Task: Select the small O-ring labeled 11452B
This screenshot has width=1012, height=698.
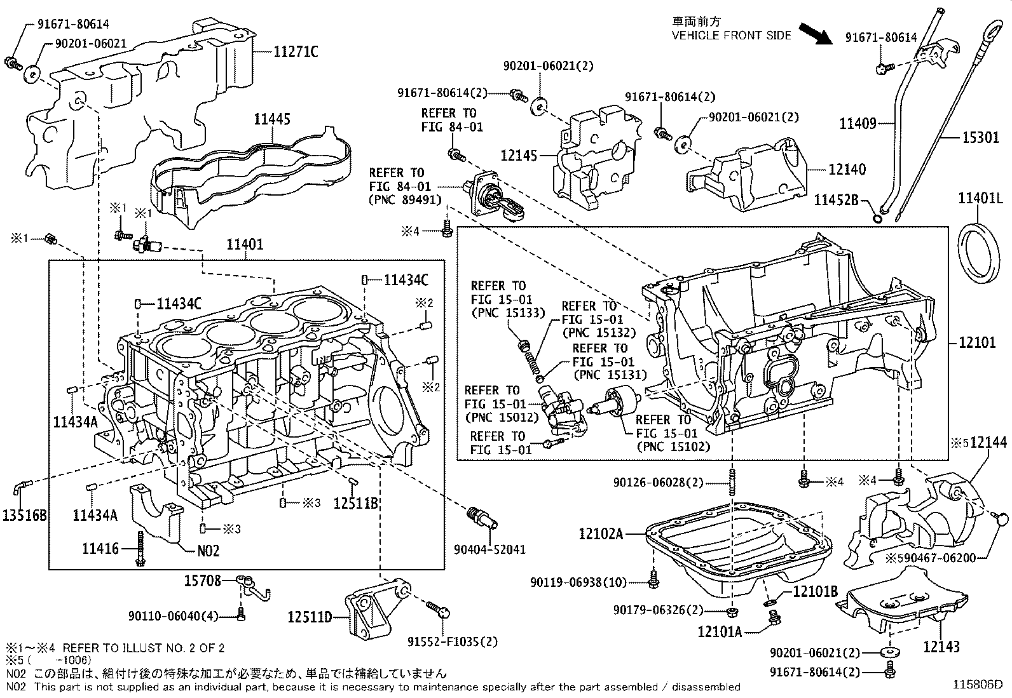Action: pyautogui.click(x=877, y=219)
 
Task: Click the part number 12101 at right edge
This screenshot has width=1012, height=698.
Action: pyautogui.click(x=977, y=342)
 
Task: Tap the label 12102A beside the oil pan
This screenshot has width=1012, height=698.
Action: pyautogui.click(x=601, y=534)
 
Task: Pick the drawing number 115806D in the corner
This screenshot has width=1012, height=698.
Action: pyautogui.click(x=976, y=685)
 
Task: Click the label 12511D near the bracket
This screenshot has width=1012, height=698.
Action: pyautogui.click(x=310, y=616)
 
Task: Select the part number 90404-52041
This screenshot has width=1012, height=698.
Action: pyautogui.click(x=489, y=549)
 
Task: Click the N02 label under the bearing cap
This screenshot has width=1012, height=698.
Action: pyautogui.click(x=208, y=551)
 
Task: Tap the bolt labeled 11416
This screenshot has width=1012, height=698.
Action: pyautogui.click(x=140, y=549)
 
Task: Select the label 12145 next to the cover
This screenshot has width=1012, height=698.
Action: pyautogui.click(x=519, y=156)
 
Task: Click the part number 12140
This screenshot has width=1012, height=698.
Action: pyautogui.click(x=847, y=170)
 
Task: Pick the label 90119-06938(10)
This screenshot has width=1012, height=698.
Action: pyautogui.click(x=578, y=582)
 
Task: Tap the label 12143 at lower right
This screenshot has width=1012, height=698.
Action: pyautogui.click(x=941, y=647)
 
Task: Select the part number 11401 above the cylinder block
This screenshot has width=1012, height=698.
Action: pyautogui.click(x=245, y=245)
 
